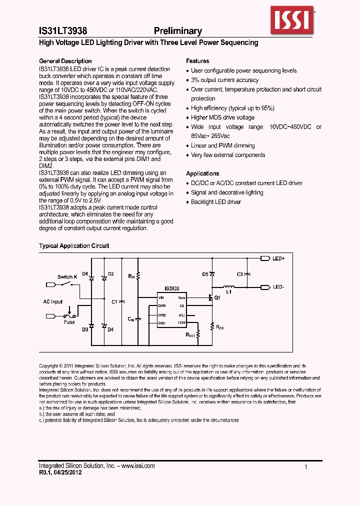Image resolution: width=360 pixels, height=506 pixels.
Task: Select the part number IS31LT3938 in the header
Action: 63,31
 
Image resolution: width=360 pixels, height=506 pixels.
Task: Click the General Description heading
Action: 65,61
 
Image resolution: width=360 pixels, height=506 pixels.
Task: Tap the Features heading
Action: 197,61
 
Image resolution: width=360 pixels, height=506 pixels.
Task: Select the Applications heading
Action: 202,173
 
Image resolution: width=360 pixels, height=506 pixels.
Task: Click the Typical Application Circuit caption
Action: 74,246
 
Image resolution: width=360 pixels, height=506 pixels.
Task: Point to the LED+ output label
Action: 278,259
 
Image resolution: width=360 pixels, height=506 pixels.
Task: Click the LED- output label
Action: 278,287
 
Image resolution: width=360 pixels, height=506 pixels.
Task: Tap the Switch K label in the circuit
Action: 67,277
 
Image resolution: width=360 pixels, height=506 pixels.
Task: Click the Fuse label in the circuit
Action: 69,322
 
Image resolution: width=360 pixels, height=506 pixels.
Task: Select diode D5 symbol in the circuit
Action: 212,274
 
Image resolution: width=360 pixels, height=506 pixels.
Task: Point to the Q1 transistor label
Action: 217,297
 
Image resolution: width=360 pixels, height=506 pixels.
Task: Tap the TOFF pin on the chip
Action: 181,323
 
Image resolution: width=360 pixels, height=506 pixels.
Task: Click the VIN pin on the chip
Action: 161,297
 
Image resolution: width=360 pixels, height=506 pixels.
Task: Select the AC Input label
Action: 53,301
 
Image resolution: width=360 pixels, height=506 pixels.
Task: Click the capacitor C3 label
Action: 240,274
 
